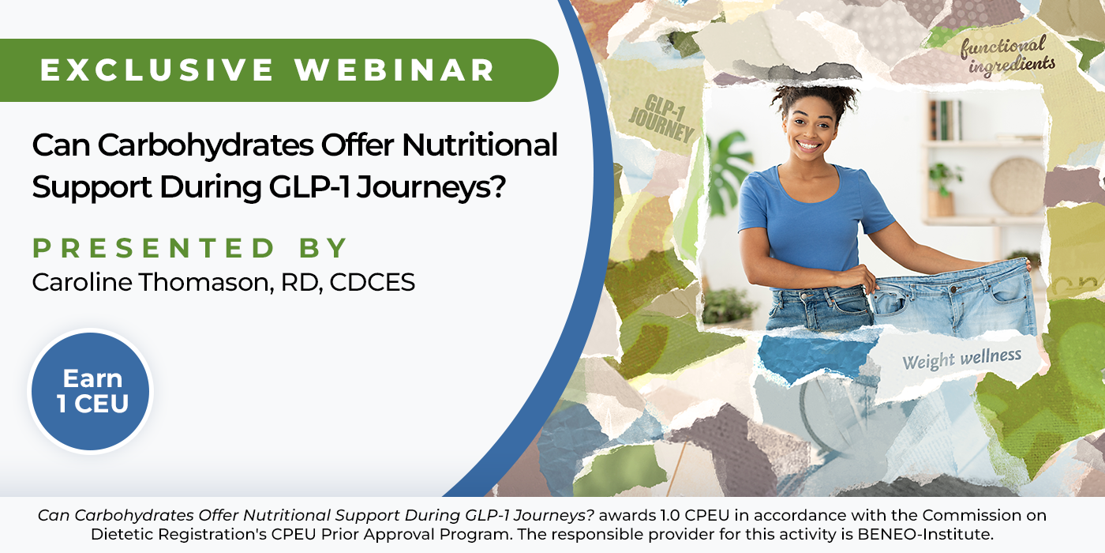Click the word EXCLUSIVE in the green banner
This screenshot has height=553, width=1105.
coord(157,70)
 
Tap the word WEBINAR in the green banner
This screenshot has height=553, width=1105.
coord(395,70)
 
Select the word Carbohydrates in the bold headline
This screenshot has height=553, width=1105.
coord(205,145)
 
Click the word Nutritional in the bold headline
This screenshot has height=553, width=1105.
coord(480,145)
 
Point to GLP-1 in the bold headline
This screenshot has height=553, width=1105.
coord(309,187)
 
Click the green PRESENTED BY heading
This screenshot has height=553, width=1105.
coord(190,248)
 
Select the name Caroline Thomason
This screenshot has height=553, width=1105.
coord(152,283)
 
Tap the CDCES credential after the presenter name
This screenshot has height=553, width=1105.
coord(373,283)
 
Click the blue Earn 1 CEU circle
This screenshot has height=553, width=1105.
coord(90,391)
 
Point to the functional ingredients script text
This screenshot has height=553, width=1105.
coord(1007,56)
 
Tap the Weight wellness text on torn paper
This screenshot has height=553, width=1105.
coord(962,358)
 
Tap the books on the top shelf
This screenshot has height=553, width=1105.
coord(946,120)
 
